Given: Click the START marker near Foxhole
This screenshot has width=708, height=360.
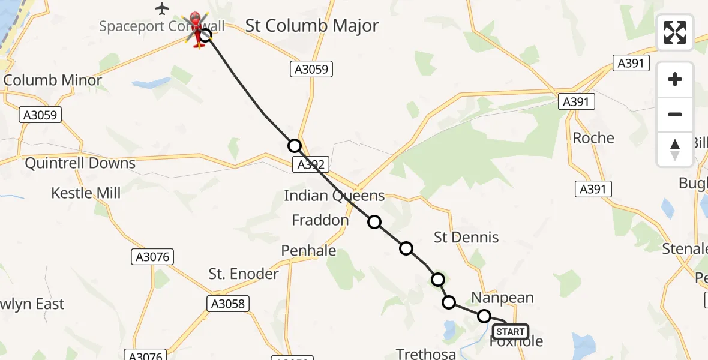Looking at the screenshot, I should tap(510, 332).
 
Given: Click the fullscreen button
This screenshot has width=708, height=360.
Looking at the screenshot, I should tap(675, 32).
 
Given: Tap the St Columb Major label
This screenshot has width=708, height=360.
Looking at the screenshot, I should tap(312, 26).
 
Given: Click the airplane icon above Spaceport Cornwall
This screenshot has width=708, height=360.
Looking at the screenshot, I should tap(162, 8).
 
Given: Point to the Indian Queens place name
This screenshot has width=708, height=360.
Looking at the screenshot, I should tap(334, 196).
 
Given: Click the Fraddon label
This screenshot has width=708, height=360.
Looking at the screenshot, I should tap(320, 220).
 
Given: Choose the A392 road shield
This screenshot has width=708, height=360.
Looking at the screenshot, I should tap(311, 164).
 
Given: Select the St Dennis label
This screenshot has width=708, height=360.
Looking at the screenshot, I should tap(466, 237).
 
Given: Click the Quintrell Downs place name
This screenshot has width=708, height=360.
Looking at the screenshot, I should tap(80, 163).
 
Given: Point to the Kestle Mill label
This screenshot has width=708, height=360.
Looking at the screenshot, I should tap(86, 193).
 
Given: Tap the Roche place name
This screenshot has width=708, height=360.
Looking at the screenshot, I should tap(593, 138).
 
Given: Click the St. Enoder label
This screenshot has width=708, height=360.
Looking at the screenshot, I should tap(244, 274).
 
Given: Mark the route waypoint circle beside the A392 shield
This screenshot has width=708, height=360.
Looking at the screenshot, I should tap(294, 146).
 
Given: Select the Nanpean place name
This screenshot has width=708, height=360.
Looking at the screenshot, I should tap(502, 298).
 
